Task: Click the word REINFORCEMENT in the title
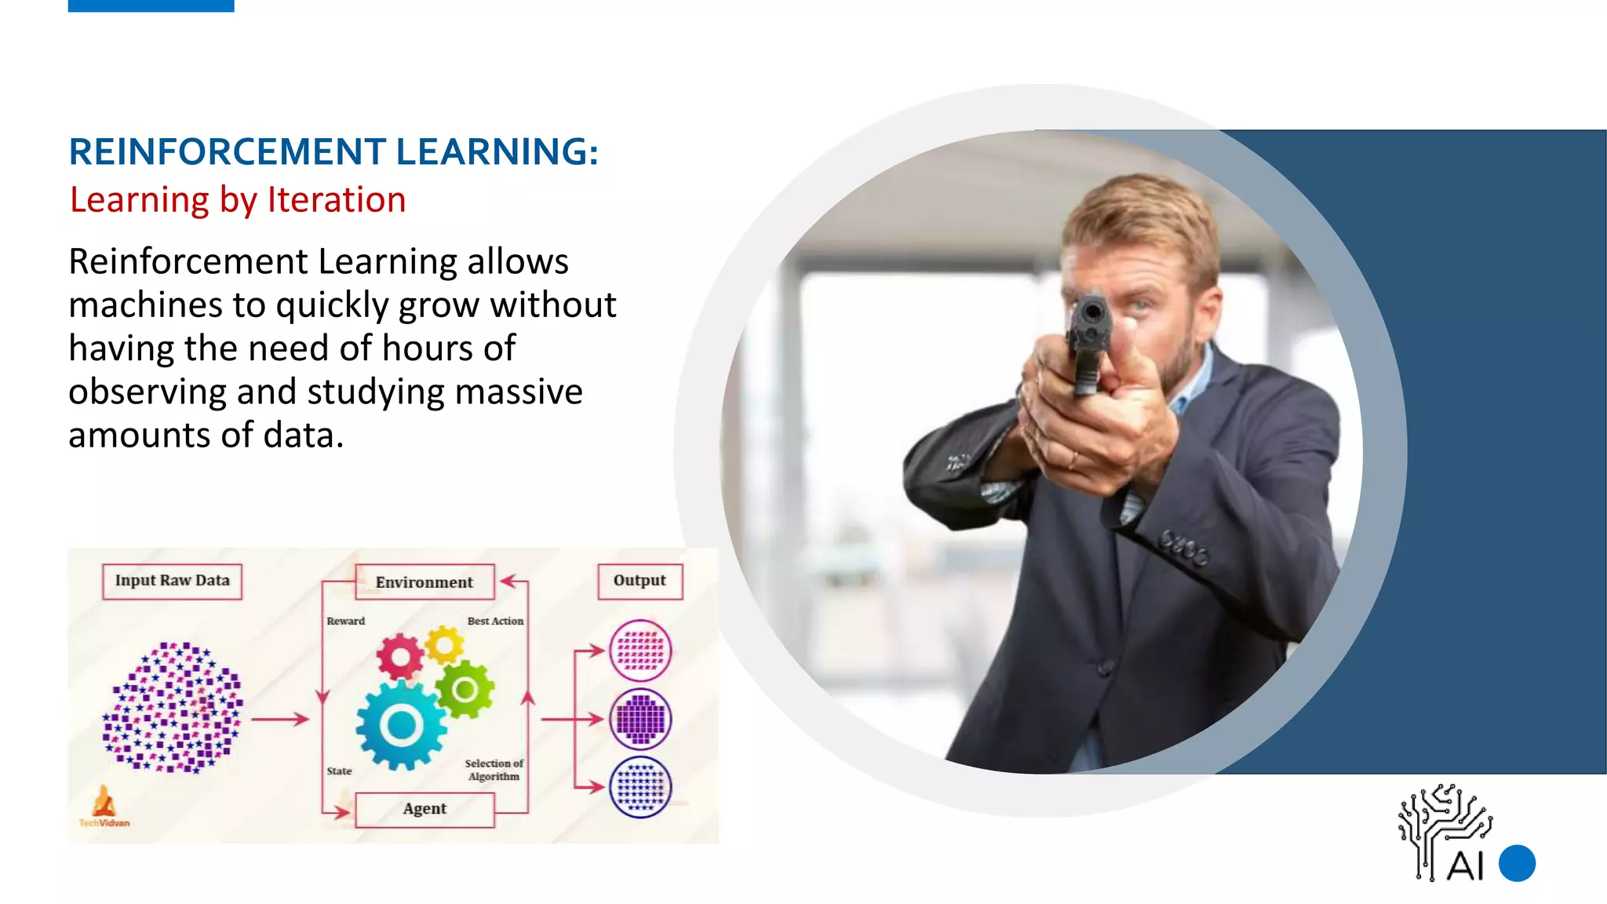pyautogui.click(x=228, y=151)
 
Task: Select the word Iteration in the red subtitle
pyautogui.click(x=337, y=200)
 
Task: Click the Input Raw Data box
pyautogui.click(x=172, y=581)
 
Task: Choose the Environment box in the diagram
pyautogui.click(x=425, y=582)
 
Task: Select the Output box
pyautogui.click(x=640, y=581)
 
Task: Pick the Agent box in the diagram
pyautogui.click(x=425, y=809)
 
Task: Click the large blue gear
pyautogui.click(x=402, y=725)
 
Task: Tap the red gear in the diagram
pyautogui.click(x=400, y=656)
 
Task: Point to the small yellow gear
pyautogui.click(x=445, y=646)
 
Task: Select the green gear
pyautogui.click(x=465, y=690)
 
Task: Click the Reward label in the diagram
pyautogui.click(x=345, y=621)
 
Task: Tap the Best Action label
pyautogui.click(x=495, y=621)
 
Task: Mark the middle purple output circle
pyautogui.click(x=640, y=719)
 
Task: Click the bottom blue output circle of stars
pyautogui.click(x=640, y=787)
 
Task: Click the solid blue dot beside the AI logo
pyautogui.click(x=1517, y=863)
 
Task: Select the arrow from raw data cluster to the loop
pyautogui.click(x=279, y=719)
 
